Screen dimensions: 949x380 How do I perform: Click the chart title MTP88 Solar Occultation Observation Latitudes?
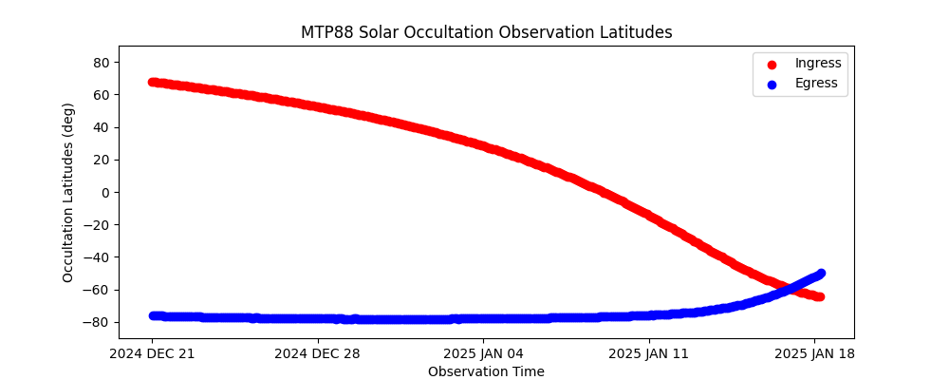pyautogui.click(x=487, y=32)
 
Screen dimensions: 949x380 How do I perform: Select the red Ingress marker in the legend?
pyautogui.click(x=772, y=65)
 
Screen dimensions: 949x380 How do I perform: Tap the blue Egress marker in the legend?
pyautogui.click(x=772, y=85)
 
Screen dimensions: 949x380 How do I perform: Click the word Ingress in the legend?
pyautogui.click(x=818, y=64)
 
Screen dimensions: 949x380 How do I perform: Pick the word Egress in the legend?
pyautogui.click(x=816, y=84)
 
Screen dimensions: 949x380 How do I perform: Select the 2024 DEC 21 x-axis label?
pyautogui.click(x=152, y=354)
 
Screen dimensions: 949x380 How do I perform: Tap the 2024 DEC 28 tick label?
pyautogui.click(x=318, y=354)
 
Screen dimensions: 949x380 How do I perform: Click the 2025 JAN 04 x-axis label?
pyautogui.click(x=484, y=354)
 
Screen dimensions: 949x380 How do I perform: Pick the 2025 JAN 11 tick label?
pyautogui.click(x=649, y=354)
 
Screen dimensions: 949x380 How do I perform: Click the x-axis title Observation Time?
pyautogui.click(x=486, y=371)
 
